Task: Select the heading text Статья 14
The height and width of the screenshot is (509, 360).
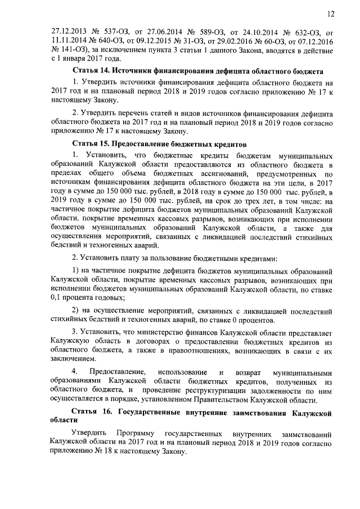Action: (91, 71)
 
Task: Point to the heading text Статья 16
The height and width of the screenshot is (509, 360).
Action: (91, 413)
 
